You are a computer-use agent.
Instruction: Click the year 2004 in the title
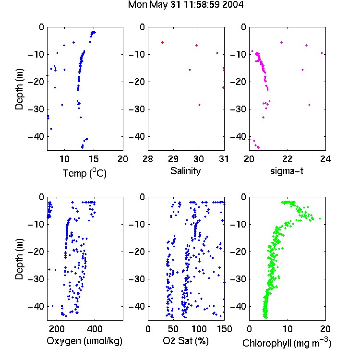click(x=233, y=5)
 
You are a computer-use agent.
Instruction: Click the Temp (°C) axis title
click(x=84, y=173)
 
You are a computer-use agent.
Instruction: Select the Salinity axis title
click(x=185, y=171)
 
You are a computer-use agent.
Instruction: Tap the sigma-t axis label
click(x=287, y=171)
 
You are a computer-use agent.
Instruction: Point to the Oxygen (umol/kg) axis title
click(x=84, y=341)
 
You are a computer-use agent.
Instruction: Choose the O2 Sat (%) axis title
click(x=185, y=341)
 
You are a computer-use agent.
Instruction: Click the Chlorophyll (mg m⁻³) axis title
click(x=287, y=343)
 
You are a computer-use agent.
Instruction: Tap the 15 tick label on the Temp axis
click(x=94, y=159)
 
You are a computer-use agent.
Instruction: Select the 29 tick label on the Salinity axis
click(x=173, y=159)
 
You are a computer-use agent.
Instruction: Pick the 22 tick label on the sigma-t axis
click(x=287, y=159)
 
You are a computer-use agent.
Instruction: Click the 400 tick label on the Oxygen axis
click(x=95, y=329)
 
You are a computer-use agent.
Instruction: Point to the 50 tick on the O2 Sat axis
click(x=173, y=329)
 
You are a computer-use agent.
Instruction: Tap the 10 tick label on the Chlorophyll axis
click(x=288, y=329)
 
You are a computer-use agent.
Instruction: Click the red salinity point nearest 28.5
click(x=163, y=42)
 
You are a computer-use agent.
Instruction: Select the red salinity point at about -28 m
click(x=200, y=105)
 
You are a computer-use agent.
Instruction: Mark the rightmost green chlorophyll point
click(x=320, y=218)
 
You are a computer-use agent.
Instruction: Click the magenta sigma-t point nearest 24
click(x=322, y=53)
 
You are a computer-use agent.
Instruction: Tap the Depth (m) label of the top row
click(x=19, y=89)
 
